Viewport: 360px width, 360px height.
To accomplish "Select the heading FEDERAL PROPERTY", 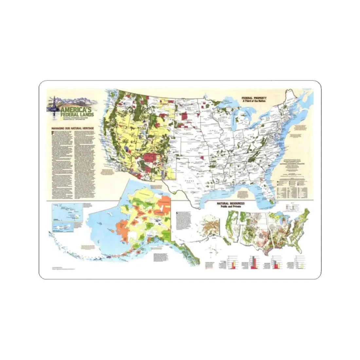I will [254, 98].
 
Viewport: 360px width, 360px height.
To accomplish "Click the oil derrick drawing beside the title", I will [52, 105].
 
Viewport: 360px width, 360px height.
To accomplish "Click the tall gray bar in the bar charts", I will [254, 262].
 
